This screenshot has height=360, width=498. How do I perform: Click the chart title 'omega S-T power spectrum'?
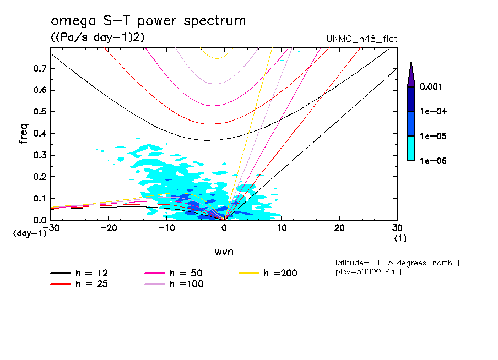148,21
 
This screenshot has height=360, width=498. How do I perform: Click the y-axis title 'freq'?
23,133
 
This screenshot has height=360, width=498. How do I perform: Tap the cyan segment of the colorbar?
410,148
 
